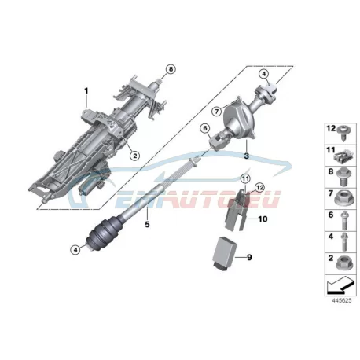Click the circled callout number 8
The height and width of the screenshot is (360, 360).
tap(171, 69)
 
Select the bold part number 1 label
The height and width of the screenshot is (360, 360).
tap(86, 91)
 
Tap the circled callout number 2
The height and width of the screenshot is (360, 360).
tap(134, 156)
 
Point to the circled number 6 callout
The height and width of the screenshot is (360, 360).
tap(205, 128)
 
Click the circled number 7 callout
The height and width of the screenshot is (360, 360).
tap(217, 112)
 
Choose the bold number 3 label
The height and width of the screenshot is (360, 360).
tap(246, 156)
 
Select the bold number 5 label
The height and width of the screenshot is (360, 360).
tap(147, 224)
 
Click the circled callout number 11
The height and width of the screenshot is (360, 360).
tap(245, 179)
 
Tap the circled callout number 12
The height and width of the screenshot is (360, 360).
tap(259, 187)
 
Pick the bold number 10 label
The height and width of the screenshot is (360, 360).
tap(263, 219)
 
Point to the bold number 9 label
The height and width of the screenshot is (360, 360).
tap(249, 257)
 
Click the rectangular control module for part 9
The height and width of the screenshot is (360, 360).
tap(225, 252)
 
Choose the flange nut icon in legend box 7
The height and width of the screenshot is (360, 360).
tap(343, 200)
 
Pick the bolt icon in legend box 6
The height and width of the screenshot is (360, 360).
tap(343, 220)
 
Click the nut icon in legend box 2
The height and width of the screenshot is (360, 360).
tap(343, 263)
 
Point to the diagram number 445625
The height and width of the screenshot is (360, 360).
tap(342, 300)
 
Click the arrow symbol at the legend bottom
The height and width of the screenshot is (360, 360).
tap(340, 285)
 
